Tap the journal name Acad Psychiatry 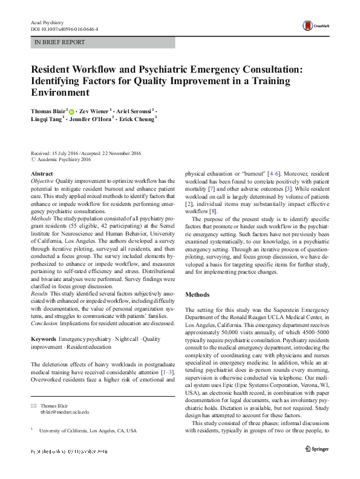pyautogui.click(x=47, y=22)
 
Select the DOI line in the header pyautogui.click(x=65, y=29)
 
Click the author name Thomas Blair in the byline pyautogui.click(x=48, y=112)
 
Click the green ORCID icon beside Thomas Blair pyautogui.click(x=72, y=112)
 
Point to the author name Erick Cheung pyautogui.click(x=142, y=120)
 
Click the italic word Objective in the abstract pyautogui.click(x=42, y=181)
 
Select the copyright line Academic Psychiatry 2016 pyautogui.click(x=64, y=159)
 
